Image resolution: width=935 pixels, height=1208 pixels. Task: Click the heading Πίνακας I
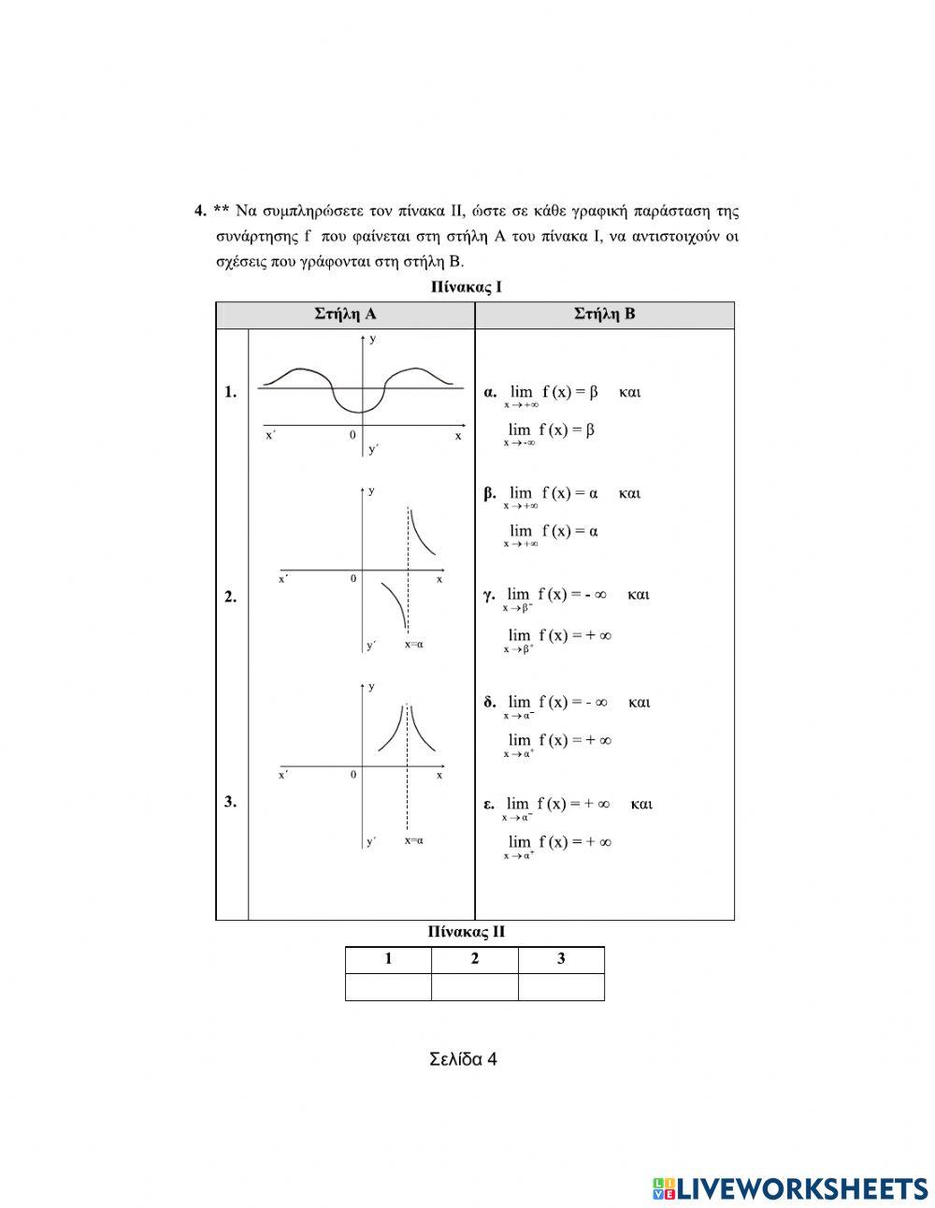coord(466,287)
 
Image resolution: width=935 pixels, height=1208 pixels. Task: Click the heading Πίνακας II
coord(466,932)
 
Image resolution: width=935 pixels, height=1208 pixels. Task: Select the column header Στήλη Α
coord(345,314)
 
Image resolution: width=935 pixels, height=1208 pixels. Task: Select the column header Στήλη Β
coord(604,314)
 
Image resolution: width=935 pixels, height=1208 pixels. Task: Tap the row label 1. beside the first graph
coord(230,393)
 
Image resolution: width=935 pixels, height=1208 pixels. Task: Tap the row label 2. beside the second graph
coord(230,597)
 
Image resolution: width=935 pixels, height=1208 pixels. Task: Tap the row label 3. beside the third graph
coord(230,801)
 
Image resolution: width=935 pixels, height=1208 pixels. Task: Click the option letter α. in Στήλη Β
coord(490,393)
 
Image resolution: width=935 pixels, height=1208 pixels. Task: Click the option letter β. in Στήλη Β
coord(490,494)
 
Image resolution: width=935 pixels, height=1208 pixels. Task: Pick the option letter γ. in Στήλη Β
coord(489,595)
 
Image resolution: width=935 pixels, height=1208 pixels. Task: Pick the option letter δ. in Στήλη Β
coord(490,703)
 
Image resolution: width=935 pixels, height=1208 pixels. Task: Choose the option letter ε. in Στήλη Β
coord(488,804)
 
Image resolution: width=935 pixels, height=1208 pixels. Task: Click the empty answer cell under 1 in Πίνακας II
coord(388,987)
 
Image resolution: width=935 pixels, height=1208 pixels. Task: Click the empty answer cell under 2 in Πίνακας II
coord(474,987)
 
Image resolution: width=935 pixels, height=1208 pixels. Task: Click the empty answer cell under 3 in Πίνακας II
coord(561,987)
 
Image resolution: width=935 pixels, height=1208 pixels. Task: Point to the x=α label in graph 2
coord(414,644)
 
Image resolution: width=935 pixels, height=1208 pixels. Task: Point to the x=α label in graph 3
coord(414,840)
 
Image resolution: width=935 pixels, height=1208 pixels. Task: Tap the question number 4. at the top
coord(200,211)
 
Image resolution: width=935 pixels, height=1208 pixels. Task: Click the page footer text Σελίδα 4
coord(463,1059)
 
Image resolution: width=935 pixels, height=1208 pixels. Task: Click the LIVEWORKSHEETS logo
coord(790,1188)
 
